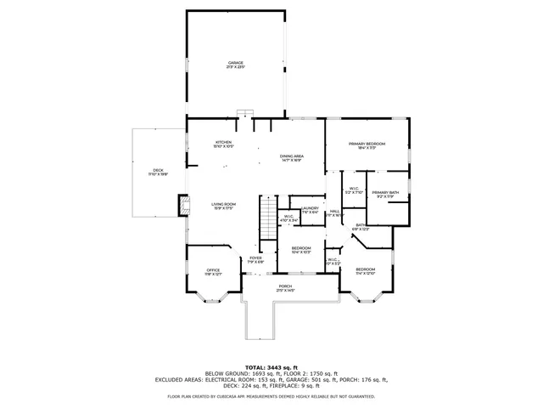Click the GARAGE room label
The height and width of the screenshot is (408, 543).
point(235,65)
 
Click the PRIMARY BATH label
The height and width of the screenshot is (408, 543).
point(384,194)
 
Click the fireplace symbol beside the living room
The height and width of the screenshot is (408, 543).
point(182,206)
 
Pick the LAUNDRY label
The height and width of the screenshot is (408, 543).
point(310,209)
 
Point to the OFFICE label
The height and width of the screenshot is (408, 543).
point(212,272)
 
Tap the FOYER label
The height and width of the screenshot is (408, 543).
point(255,259)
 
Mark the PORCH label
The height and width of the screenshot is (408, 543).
point(285,288)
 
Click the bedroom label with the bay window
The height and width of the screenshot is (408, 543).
point(365,270)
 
